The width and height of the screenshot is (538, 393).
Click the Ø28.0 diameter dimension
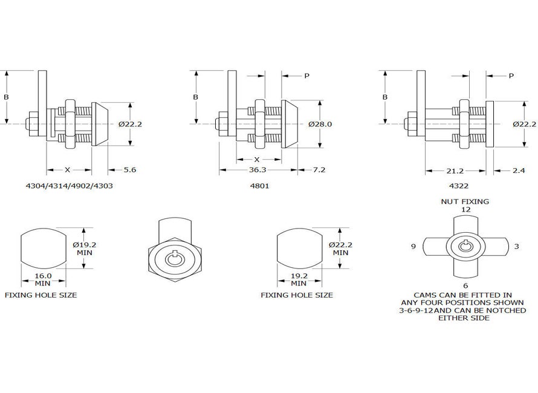[x=320, y=124]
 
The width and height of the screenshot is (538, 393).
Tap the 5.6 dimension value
[x=129, y=170]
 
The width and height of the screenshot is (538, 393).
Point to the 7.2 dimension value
[x=318, y=170]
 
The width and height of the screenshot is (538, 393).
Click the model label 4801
[x=260, y=186]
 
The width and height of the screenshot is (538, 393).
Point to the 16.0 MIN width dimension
[x=42, y=279]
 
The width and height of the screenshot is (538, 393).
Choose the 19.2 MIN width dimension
[x=298, y=279]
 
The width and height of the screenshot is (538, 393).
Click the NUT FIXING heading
[x=465, y=201]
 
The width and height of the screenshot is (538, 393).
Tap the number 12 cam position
[x=465, y=209]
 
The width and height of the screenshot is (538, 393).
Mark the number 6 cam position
[x=465, y=285]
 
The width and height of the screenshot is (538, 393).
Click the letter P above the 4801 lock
[x=306, y=76]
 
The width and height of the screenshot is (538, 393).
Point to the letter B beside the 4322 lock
[x=384, y=97]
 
